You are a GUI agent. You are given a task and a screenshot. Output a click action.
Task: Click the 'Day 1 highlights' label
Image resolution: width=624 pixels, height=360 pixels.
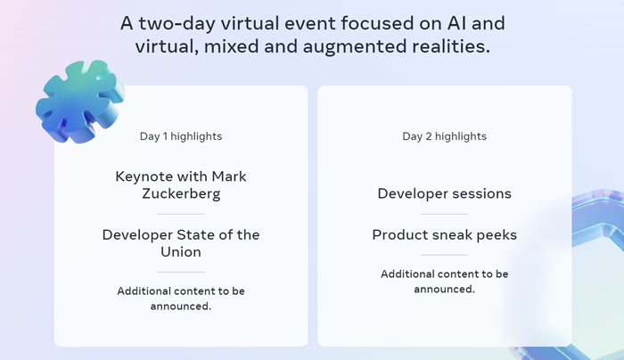coord(181,136)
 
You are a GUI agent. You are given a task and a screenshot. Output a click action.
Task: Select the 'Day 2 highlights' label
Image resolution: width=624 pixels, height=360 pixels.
coord(444,136)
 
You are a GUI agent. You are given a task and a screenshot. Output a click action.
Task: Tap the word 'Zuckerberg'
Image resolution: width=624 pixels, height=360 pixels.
coord(181,193)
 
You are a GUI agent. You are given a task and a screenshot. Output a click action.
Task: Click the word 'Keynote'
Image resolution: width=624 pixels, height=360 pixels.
coord(144,176)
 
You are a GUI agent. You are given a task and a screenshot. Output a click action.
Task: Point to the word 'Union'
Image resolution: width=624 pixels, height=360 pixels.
coord(181,252)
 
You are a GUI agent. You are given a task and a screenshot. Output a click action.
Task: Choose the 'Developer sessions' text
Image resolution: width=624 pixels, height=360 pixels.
coord(444,193)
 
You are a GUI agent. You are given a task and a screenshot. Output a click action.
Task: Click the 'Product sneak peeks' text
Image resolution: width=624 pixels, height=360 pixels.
coord(444,234)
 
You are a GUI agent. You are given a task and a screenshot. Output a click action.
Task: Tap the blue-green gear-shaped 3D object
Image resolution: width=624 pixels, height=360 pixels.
coord(79,102)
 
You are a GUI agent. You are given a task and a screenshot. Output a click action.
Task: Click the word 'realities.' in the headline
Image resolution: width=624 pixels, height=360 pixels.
coord(451,46)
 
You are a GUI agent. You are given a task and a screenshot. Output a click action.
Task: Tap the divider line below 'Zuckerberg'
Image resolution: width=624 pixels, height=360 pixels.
coord(181,214)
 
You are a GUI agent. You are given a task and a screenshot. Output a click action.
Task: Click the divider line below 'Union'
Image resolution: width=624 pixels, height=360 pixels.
coord(181,272)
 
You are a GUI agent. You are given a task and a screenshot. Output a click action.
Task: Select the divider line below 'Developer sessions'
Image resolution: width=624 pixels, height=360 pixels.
coord(444,214)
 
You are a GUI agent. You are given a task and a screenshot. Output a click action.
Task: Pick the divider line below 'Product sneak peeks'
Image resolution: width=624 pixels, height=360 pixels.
coord(444,255)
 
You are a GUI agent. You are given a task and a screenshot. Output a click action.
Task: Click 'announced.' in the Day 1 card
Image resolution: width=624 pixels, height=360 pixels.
coord(181,307)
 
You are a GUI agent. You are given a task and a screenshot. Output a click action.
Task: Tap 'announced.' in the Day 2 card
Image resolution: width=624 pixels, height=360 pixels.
coord(444,290)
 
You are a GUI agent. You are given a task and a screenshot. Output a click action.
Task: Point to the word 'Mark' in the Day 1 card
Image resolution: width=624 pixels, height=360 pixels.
coord(229,176)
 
